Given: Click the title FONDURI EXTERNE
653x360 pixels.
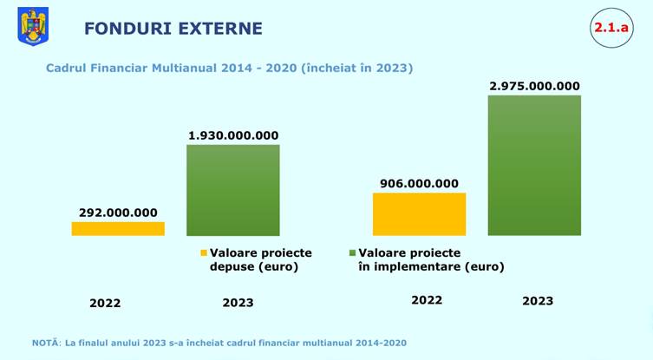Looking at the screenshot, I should [x=173, y=29].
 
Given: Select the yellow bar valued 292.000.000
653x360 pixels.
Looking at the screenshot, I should [x=118, y=228].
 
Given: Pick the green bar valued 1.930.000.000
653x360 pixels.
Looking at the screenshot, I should [x=233, y=189].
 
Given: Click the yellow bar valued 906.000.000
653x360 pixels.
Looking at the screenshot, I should [x=420, y=213].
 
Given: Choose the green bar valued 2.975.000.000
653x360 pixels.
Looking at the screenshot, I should [x=534, y=165].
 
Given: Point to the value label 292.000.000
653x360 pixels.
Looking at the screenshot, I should [x=118, y=213].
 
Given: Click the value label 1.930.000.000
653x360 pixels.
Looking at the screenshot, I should [x=233, y=135].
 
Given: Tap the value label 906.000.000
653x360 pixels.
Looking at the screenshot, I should [x=420, y=183].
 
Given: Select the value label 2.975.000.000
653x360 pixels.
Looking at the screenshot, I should [x=534, y=86].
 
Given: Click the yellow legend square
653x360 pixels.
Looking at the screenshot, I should [x=205, y=252].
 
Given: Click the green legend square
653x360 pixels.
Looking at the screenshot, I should [x=352, y=252].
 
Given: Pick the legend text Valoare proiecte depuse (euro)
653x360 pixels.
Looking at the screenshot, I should [x=261, y=259].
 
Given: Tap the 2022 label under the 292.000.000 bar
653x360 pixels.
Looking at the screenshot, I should [x=105, y=304].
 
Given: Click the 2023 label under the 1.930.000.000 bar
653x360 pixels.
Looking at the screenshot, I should [x=238, y=304].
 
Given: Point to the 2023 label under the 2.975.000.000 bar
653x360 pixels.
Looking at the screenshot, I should [x=538, y=301].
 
